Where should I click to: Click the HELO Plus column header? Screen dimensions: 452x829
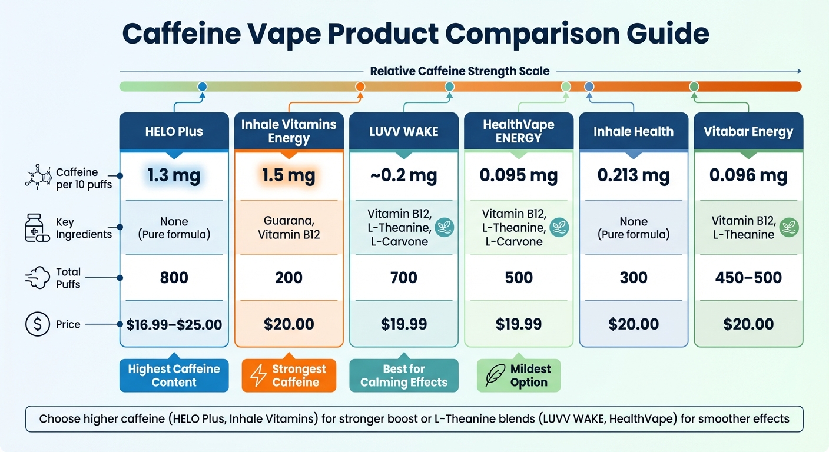coord(174,131)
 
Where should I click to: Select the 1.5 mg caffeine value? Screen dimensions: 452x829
coord(289,175)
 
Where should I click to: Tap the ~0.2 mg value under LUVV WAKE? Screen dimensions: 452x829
coord(403,175)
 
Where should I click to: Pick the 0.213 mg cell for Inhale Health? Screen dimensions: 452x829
coord(634,175)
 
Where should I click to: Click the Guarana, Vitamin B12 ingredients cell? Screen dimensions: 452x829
coord(289,228)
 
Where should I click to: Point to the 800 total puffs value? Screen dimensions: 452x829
coord(174,277)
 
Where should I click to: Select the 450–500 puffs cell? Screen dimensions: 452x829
coord(748,277)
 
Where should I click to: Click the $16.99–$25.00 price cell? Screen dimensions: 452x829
coord(174,324)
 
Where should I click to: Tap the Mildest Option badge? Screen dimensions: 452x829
coord(518,375)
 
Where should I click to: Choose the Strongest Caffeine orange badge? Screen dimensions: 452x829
coord(289,375)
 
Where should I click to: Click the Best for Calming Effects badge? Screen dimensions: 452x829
coord(403,375)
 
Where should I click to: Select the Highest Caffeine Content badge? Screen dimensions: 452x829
coord(174,375)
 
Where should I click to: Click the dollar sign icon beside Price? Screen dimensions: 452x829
coord(38,324)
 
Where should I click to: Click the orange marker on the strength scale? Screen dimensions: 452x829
coord(360,87)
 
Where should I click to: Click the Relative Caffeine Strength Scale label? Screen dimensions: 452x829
coord(459,71)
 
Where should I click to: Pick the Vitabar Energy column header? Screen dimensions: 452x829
coord(748,131)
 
